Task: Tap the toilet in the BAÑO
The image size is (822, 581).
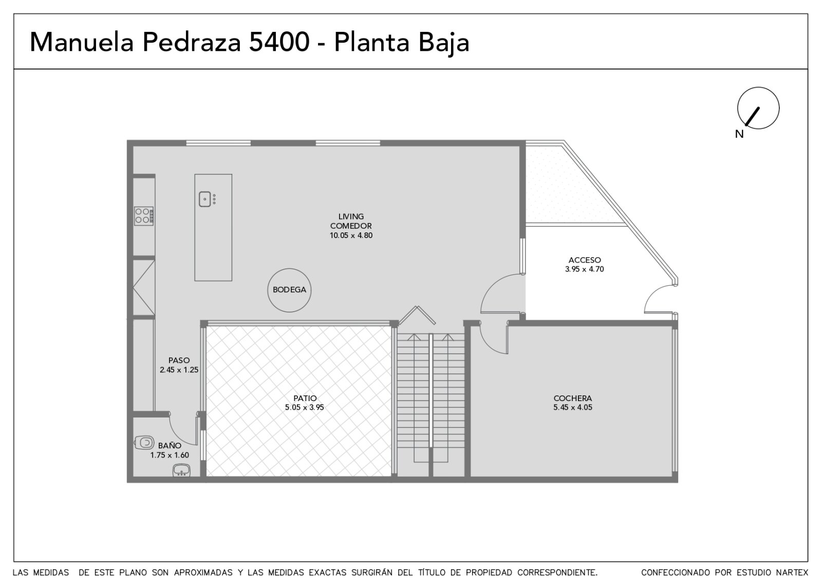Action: pos(144,443)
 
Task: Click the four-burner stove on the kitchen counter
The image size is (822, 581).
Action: pos(143,216)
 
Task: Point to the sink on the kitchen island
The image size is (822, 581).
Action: pos(205,199)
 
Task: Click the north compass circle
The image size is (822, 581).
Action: pos(758,87)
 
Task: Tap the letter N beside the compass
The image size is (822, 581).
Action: pos(739,134)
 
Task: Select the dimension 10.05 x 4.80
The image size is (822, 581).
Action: pos(351,235)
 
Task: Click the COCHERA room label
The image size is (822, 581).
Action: pos(572,398)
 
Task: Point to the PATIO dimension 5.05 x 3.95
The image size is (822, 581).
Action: pos(304,407)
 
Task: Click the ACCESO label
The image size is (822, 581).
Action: pos(585,260)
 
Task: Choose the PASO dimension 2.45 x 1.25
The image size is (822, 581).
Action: pos(179,370)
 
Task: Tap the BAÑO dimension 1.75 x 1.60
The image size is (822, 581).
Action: pos(170,455)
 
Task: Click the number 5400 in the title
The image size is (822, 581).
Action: pos(279,42)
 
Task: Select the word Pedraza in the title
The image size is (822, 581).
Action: pos(192,42)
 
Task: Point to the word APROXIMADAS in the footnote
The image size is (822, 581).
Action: pos(203,573)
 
